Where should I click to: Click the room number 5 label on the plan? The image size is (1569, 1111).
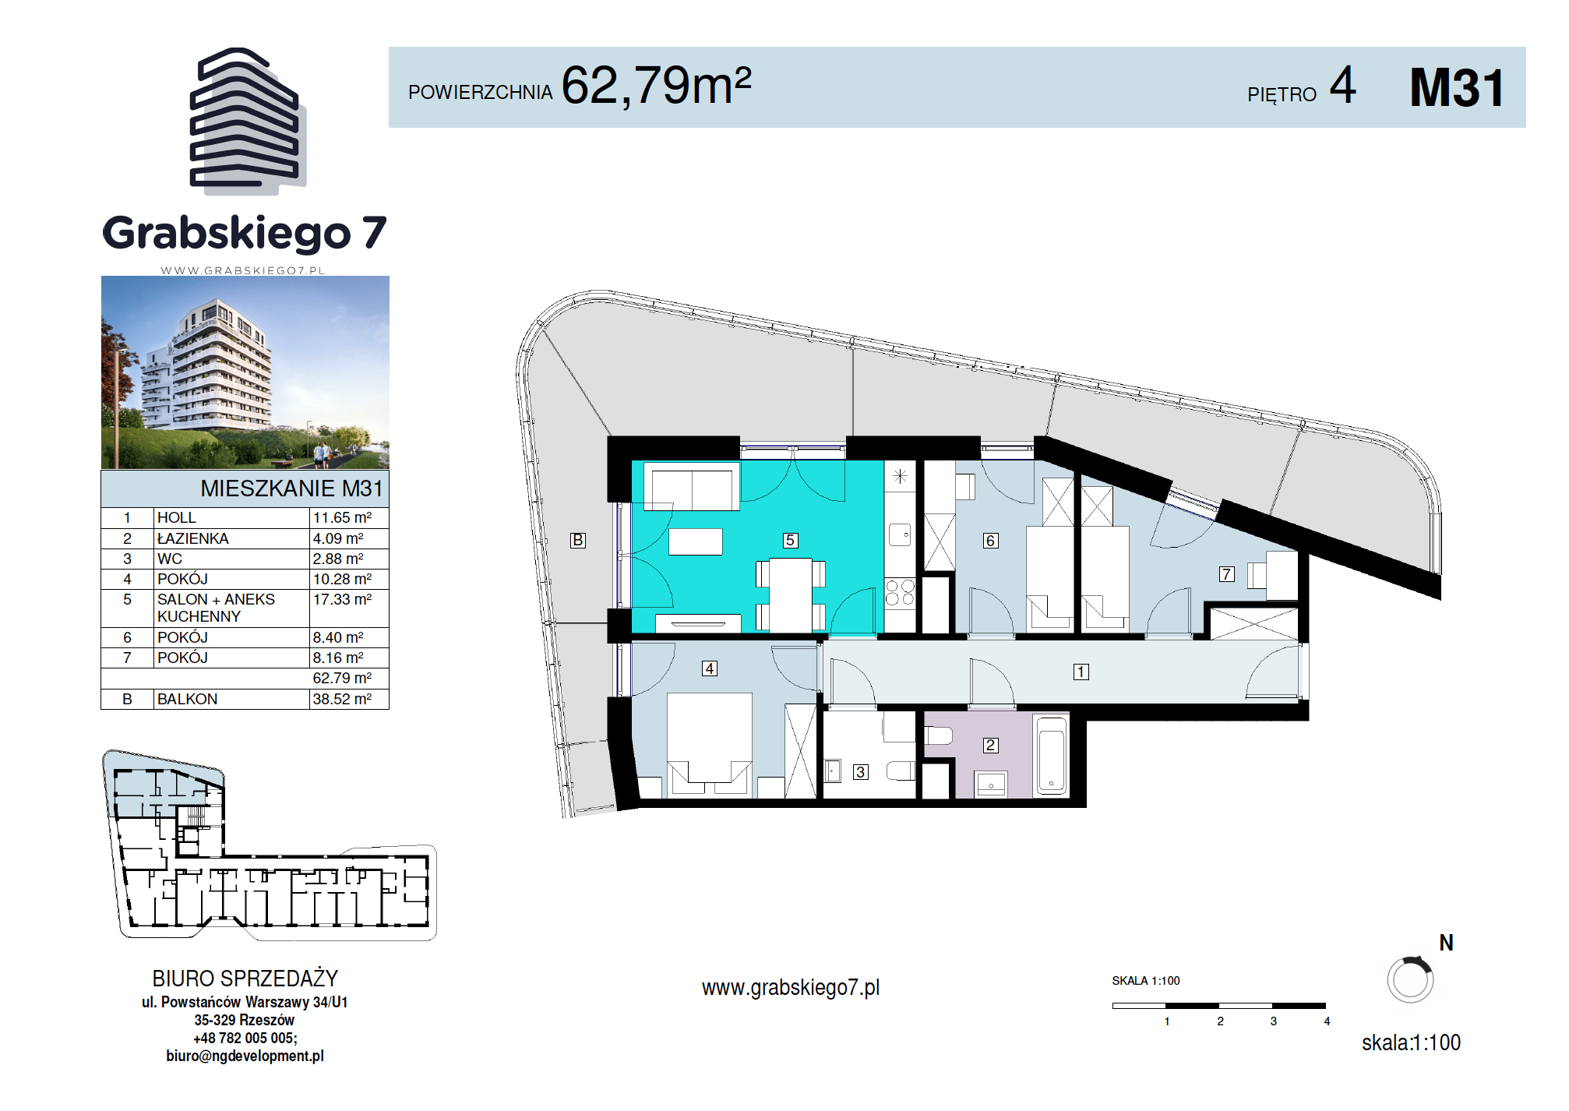click(x=790, y=540)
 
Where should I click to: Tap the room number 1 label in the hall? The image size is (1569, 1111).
click(x=1081, y=672)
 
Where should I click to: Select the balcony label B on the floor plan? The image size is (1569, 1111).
click(x=577, y=540)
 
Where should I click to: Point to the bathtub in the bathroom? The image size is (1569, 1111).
click(x=1052, y=755)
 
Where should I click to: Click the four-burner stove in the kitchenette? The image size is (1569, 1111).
click(x=900, y=592)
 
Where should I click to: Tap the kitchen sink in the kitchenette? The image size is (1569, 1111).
click(x=900, y=534)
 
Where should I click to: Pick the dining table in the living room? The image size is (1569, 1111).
click(x=791, y=595)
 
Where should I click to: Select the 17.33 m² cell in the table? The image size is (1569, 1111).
click(x=342, y=599)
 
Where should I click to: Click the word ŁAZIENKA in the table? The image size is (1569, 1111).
click(x=192, y=538)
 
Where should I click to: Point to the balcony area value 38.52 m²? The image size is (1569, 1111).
click(x=342, y=699)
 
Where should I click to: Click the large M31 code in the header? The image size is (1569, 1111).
click(x=1457, y=87)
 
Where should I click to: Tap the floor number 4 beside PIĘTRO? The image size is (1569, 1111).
click(x=1342, y=85)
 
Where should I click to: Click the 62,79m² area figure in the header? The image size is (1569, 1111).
click(x=656, y=85)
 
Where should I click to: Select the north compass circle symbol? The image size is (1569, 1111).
click(x=1410, y=979)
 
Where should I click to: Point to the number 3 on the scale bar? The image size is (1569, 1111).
click(x=1274, y=1021)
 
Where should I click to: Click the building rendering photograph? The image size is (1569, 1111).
click(x=245, y=372)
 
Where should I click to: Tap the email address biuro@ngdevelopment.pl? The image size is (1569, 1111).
click(x=245, y=1056)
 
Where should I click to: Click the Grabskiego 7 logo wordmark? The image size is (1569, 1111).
click(x=245, y=233)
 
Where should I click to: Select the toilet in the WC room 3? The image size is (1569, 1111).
click(x=901, y=771)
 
